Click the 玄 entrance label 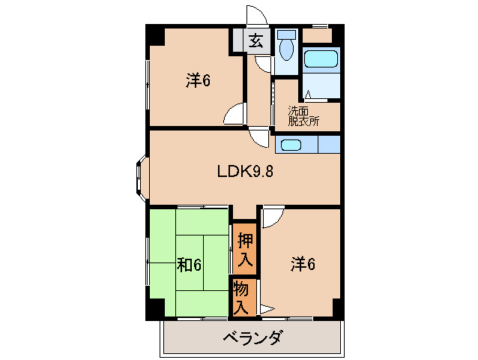pyautogui.click(x=256, y=42)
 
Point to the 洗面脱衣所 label pyautogui.click(x=303, y=115)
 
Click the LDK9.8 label pyautogui.click(x=245, y=171)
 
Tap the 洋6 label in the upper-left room pyautogui.click(x=198, y=80)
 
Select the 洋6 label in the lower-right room pyautogui.click(x=303, y=263)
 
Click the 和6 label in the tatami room pyautogui.click(x=189, y=265)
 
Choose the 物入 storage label pyautogui.click(x=242, y=296)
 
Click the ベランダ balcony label pyautogui.click(x=252, y=337)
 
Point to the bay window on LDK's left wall pyautogui.click(x=140, y=178)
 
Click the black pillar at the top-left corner pyautogui.click(x=154, y=33)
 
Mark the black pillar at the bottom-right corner pyautogui.click(x=337, y=308)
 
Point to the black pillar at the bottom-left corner pyautogui.click(x=154, y=308)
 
